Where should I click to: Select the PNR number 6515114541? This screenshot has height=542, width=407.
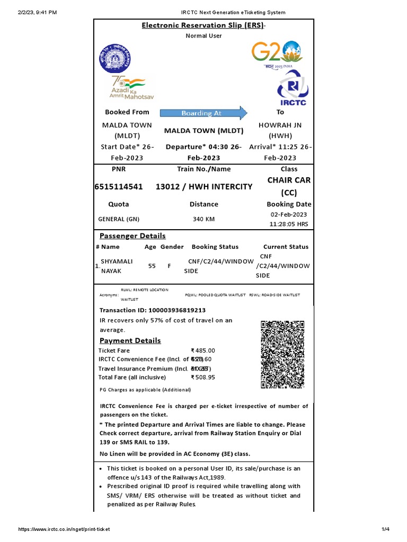click(x=119, y=187)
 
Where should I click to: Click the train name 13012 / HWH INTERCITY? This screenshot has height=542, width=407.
click(x=204, y=187)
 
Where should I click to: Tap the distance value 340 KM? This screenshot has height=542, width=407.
click(x=203, y=219)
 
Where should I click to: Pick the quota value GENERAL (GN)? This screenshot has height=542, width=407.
click(x=119, y=219)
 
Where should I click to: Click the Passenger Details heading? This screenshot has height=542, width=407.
click(x=132, y=236)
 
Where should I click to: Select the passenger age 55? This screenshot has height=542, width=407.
click(x=152, y=266)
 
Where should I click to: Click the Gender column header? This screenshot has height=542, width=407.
click(x=172, y=247)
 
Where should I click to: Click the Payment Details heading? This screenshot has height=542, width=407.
click(x=130, y=340)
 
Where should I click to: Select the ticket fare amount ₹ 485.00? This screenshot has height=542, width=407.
click(x=203, y=350)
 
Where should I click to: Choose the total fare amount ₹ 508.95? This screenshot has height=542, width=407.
click(x=203, y=377)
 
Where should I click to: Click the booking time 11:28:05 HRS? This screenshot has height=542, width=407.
click(x=289, y=224)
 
